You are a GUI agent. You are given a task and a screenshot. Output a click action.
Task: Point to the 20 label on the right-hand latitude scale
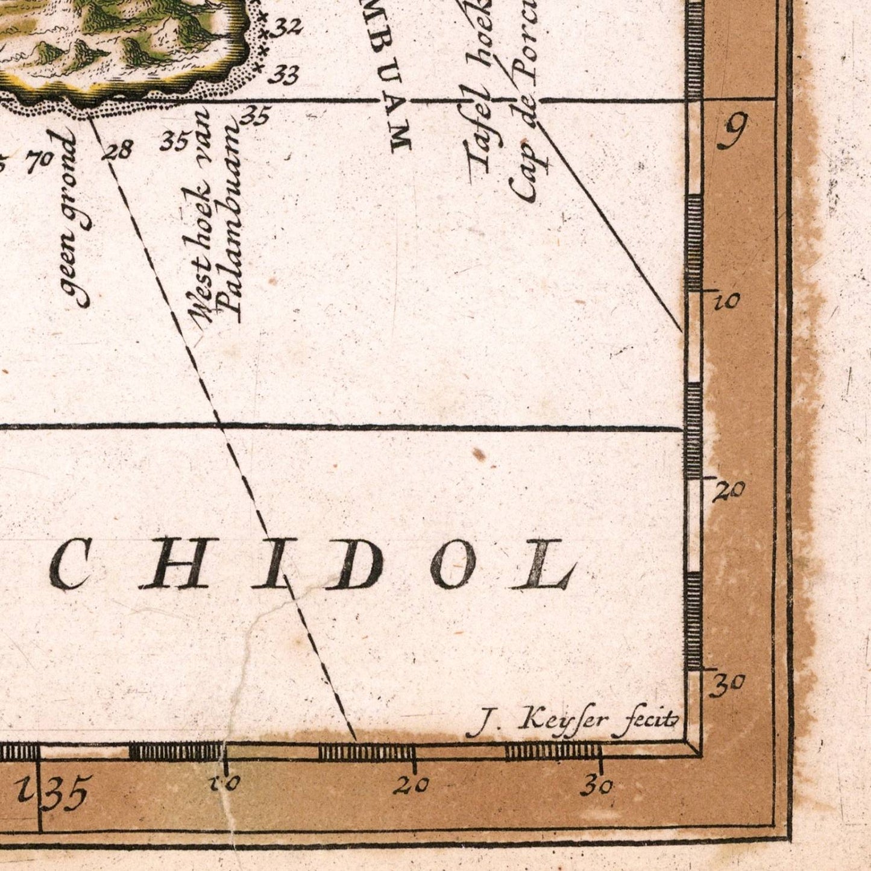coord(729,491)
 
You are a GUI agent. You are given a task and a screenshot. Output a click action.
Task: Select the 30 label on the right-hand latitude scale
coord(727,684)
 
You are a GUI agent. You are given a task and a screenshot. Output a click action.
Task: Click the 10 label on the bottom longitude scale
coord(224,784)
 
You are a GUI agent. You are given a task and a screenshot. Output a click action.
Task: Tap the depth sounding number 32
coord(288,27)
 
